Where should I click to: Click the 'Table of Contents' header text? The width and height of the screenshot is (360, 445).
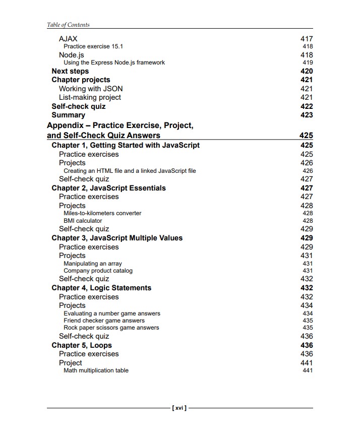pos(68,25)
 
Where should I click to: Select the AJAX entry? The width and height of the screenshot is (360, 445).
pos(68,39)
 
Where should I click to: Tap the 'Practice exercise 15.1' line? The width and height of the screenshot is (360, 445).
pos(93,46)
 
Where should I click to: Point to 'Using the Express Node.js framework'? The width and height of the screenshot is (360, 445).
pos(114,62)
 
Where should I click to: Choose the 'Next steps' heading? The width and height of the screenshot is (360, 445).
pos(70,71)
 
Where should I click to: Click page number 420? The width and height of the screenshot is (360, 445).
pos(306,71)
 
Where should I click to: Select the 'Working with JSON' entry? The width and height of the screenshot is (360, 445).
pos(91,89)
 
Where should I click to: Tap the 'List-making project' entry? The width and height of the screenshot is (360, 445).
pos(90,97)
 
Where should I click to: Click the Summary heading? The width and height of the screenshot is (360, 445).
pos(68,115)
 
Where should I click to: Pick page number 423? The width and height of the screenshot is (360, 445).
pos(306,115)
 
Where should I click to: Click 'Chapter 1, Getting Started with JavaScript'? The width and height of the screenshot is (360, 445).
pos(126,145)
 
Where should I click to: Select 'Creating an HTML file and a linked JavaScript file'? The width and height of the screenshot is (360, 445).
pos(130,171)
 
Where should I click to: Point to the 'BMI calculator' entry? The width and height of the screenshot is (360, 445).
pos(83,221)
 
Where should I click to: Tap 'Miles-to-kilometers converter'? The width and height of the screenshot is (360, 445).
pos(102,213)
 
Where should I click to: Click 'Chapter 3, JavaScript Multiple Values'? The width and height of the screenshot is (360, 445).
pos(117,238)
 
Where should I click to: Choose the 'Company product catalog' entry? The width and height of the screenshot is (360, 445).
pos(98,271)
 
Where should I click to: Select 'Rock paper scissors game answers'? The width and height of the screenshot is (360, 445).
pos(111,328)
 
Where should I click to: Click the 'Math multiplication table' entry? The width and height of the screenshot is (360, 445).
pos(96,370)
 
